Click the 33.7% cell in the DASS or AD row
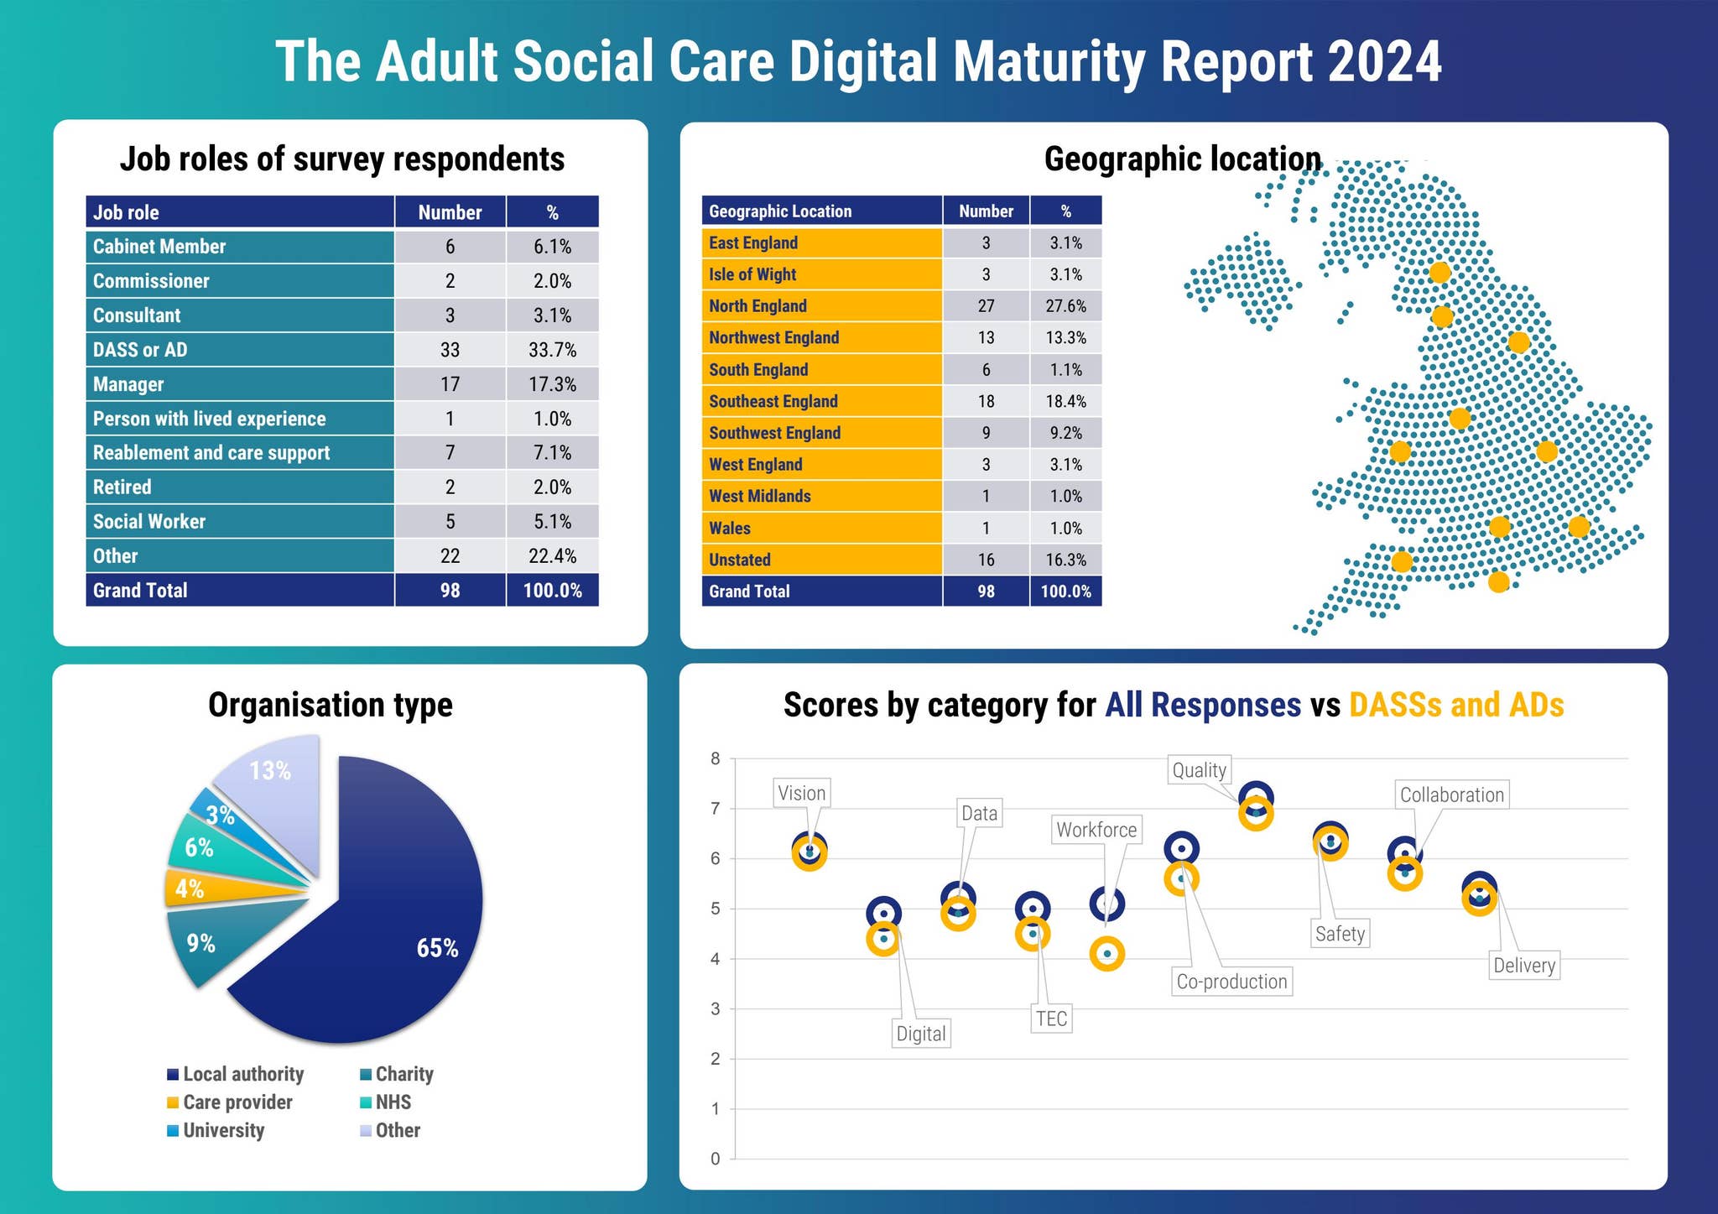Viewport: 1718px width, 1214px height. (x=552, y=350)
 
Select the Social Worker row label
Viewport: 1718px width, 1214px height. (x=149, y=522)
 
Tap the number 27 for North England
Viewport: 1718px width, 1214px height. (x=986, y=306)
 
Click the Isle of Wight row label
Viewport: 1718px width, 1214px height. (x=752, y=274)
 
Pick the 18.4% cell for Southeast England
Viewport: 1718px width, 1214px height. (x=1065, y=401)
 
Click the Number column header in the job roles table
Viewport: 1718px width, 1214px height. (x=450, y=212)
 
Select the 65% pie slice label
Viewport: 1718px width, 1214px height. (x=437, y=948)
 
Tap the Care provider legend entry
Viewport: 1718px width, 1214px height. (x=237, y=1102)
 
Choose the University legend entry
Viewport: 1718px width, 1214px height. (x=223, y=1130)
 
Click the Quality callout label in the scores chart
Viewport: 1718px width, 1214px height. (x=1199, y=769)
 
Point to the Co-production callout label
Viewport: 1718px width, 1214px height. (x=1231, y=982)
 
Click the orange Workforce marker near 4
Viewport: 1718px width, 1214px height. (x=1106, y=954)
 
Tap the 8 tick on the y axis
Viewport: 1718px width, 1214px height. (x=715, y=758)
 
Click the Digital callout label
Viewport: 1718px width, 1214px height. (x=920, y=1034)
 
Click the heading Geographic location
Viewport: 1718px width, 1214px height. (x=1182, y=159)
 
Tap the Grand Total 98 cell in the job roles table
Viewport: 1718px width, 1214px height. (x=450, y=591)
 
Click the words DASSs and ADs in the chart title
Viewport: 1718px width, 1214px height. (x=1455, y=705)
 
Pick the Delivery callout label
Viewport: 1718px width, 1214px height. (x=1523, y=966)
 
